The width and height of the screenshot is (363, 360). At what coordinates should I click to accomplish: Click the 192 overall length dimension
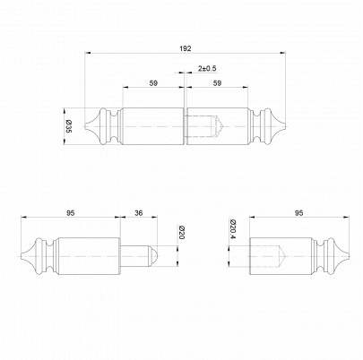[x=186, y=48]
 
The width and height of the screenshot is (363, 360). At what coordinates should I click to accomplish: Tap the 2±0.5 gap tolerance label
[x=207, y=68]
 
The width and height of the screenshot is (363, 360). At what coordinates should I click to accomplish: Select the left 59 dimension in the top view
[x=153, y=83]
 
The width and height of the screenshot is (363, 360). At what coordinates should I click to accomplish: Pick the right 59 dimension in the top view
[x=217, y=83]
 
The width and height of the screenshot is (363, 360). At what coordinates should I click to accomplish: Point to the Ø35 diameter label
[x=68, y=126]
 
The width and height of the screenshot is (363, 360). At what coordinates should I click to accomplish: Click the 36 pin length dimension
[x=139, y=213]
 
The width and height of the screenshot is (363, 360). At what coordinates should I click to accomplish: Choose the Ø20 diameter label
[x=181, y=233]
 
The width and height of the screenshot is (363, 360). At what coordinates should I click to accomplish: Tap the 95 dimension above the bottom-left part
[x=71, y=213]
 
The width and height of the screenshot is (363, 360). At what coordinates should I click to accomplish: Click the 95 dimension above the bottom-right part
[x=298, y=213]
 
